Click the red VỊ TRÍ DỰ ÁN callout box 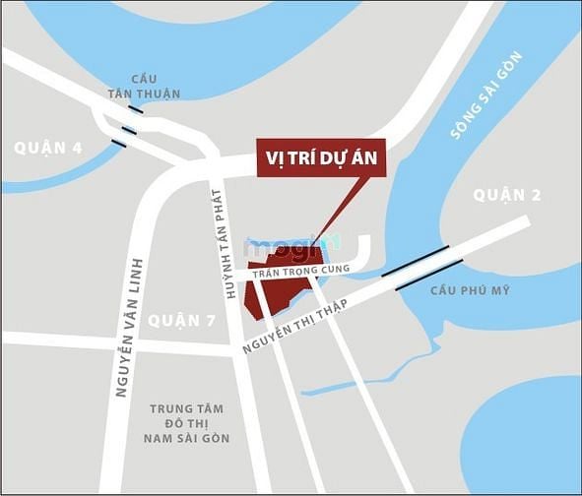(x=321, y=157)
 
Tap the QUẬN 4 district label (x=48, y=149)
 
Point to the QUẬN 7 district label (x=181, y=320)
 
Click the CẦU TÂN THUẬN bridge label (x=144, y=87)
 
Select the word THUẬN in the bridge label (x=157, y=94)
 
